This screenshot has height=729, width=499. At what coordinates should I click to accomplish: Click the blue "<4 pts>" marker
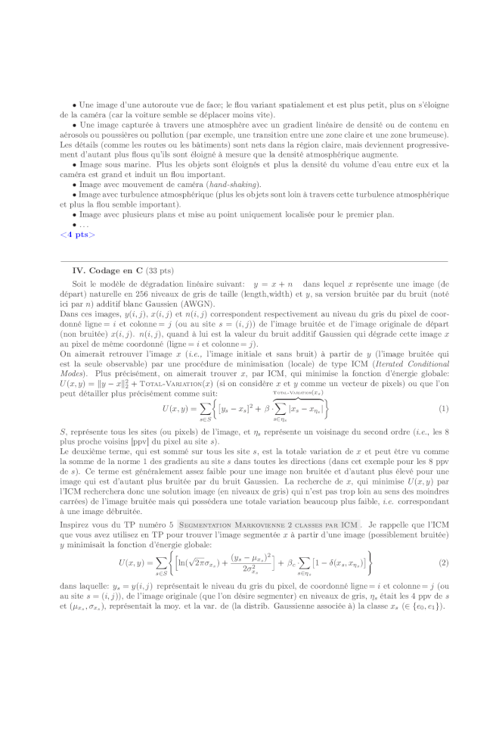77,235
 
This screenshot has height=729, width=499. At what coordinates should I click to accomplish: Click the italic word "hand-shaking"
235,184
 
